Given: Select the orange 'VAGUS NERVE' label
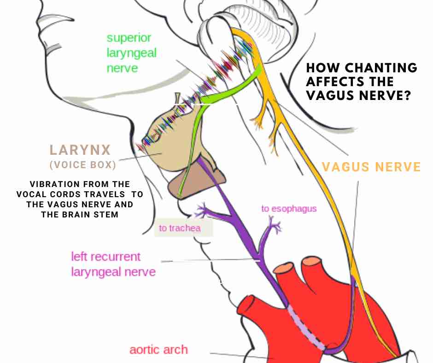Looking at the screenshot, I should point(371,167).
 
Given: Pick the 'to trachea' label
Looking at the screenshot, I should point(180,228).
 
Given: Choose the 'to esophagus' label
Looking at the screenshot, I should point(289,209).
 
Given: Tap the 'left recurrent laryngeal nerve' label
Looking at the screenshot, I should point(112,264).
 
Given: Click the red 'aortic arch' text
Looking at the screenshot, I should point(158,349).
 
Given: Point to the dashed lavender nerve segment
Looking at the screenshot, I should point(306,329).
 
